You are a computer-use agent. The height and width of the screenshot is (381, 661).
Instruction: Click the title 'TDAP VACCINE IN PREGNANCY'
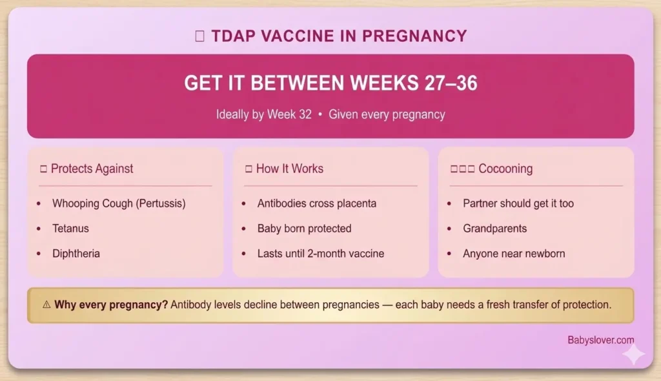click(x=339, y=36)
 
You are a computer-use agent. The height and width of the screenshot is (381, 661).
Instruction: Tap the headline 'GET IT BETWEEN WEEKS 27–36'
click(x=330, y=84)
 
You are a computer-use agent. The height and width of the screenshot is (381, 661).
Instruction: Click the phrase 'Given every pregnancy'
click(x=387, y=115)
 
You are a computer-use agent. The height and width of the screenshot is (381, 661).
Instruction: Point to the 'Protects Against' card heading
click(x=92, y=169)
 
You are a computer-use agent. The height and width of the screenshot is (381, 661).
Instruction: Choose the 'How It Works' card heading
click(x=289, y=169)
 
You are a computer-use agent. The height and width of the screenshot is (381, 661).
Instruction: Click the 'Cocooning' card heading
click(x=505, y=169)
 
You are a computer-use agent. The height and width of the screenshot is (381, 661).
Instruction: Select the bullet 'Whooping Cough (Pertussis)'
click(x=119, y=203)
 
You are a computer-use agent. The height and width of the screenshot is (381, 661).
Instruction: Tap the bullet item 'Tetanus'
click(x=70, y=229)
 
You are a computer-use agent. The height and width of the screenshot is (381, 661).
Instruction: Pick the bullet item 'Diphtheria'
click(x=76, y=254)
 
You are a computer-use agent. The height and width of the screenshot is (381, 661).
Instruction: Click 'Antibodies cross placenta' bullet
click(x=316, y=203)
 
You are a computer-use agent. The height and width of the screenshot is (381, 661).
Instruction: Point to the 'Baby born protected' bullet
click(x=304, y=229)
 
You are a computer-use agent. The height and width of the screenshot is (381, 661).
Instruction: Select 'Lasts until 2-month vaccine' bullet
click(x=320, y=254)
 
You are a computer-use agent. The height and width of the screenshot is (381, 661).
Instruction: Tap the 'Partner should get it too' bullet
click(x=518, y=203)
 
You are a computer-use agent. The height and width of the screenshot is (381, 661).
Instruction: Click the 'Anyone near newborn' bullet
click(x=513, y=254)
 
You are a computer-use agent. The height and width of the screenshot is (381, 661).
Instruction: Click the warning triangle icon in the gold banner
click(x=45, y=305)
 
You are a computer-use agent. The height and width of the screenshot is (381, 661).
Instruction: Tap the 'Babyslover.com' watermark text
click(x=600, y=340)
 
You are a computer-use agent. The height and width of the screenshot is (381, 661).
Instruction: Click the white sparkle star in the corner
click(x=633, y=355)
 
